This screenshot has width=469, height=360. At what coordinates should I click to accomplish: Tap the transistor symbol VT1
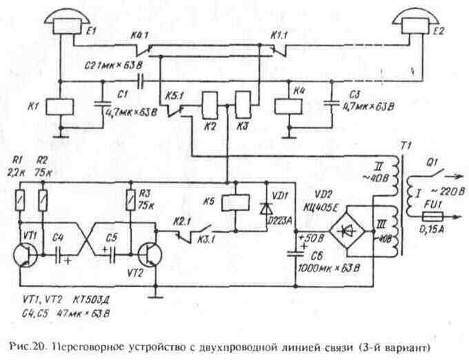(x=28, y=252)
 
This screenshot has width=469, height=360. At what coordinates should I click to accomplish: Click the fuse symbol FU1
(x=429, y=216)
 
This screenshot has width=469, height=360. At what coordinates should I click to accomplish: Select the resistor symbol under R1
(x=21, y=202)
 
